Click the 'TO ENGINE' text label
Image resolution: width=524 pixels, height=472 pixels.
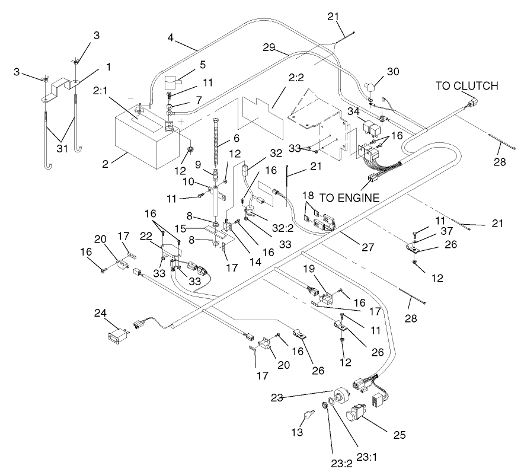pos(350,197)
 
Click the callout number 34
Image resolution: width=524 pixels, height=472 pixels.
pos(353,113)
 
